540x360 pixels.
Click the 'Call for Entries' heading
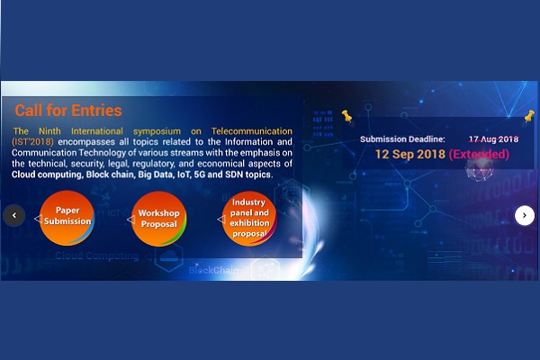point(68,111)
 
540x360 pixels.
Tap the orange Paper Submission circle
point(67,218)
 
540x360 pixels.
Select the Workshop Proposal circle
point(158,219)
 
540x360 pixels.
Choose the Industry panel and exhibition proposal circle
point(249,219)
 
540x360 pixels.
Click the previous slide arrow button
point(14,215)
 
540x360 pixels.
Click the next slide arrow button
point(525,215)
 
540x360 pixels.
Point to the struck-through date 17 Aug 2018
point(493,139)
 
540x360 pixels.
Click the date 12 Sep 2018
point(410,154)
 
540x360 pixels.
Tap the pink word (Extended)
point(479,154)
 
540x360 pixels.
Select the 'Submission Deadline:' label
point(402,139)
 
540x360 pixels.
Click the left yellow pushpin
point(346,116)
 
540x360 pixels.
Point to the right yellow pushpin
point(529,116)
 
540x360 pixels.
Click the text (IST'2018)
point(32,142)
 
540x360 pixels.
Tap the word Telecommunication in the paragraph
point(252,131)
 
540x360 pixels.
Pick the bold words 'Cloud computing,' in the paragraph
point(48,175)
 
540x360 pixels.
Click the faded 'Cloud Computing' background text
point(97,256)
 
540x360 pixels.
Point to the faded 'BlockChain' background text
point(213,270)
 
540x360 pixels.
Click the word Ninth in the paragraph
point(49,131)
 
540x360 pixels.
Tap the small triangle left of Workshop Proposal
point(130,220)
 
